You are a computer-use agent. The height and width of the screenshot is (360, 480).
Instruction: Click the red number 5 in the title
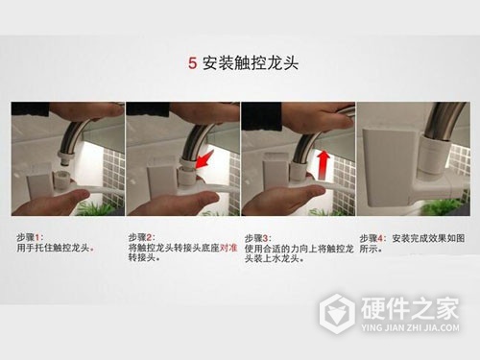click(x=193, y=64)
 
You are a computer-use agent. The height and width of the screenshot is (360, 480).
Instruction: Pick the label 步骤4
click(x=373, y=237)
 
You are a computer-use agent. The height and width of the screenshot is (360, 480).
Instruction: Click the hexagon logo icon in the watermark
click(x=338, y=313)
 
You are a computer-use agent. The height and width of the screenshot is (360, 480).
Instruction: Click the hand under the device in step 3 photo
click(x=278, y=200)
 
